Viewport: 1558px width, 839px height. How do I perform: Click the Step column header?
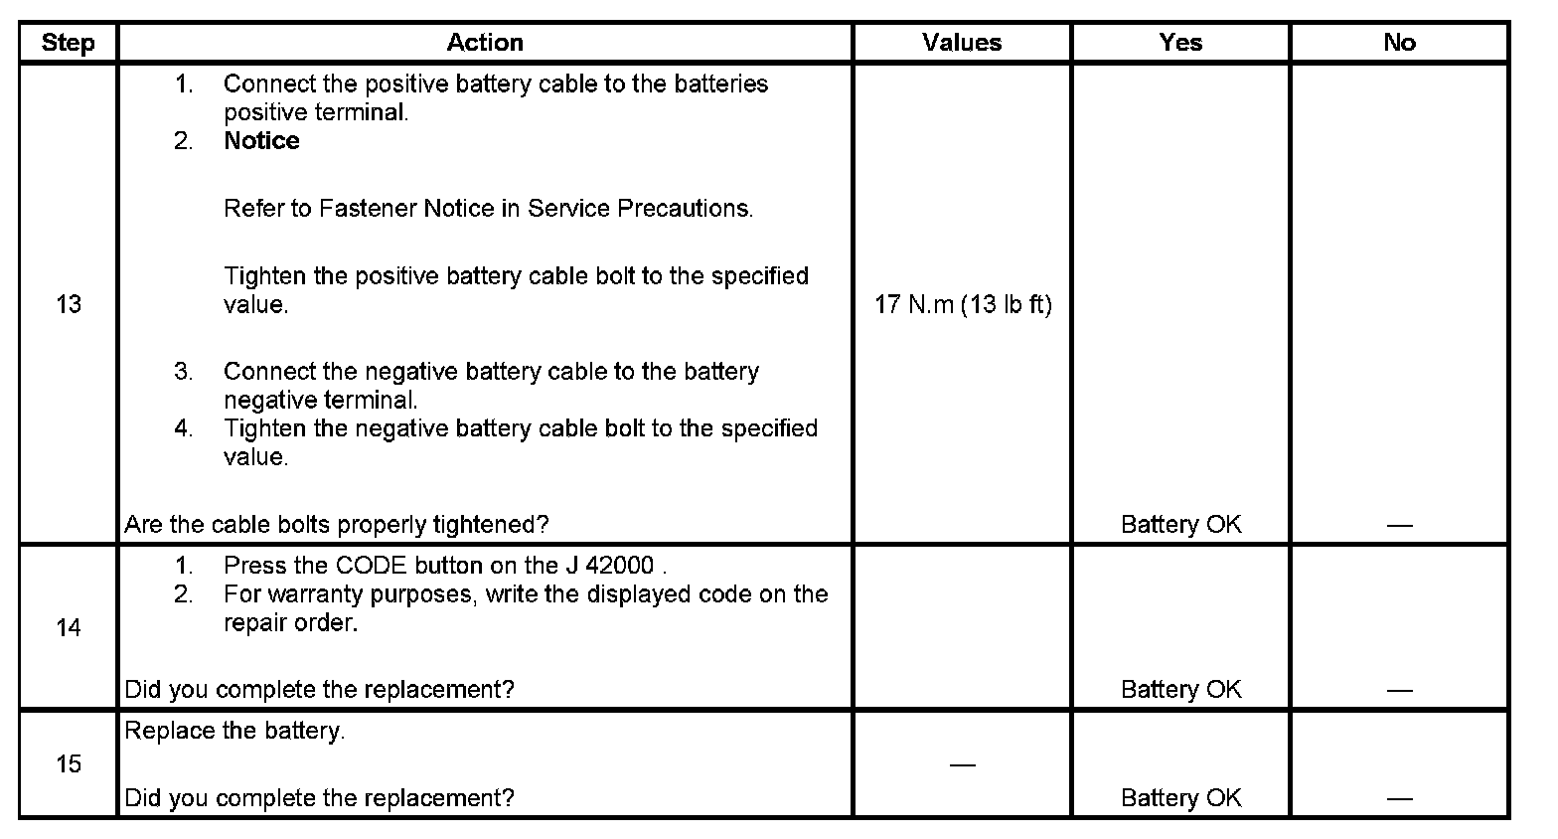[x=68, y=43]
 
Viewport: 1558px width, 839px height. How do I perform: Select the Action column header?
[x=485, y=43]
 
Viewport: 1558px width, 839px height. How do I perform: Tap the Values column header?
[x=962, y=43]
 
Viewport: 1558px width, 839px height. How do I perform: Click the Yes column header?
[x=1180, y=43]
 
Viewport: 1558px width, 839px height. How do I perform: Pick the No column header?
[x=1399, y=43]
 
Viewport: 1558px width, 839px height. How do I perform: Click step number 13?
[x=69, y=304]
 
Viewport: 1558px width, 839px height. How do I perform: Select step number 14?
[x=69, y=627]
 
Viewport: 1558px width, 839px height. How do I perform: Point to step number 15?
[x=69, y=763]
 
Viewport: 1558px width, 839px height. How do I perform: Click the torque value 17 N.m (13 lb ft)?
[x=963, y=304]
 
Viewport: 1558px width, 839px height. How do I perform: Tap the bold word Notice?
[x=261, y=141]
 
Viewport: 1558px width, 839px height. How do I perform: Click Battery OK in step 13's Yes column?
[x=1180, y=524]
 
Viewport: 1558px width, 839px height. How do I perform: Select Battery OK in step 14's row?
[x=1180, y=689]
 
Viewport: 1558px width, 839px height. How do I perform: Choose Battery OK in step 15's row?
[x=1180, y=797]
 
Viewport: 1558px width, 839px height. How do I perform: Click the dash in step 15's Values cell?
[x=962, y=764]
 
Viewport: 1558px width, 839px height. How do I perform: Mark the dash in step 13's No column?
[x=1399, y=524]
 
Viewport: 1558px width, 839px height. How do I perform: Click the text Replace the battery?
[x=234, y=731]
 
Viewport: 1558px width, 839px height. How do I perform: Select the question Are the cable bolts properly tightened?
[x=337, y=524]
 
